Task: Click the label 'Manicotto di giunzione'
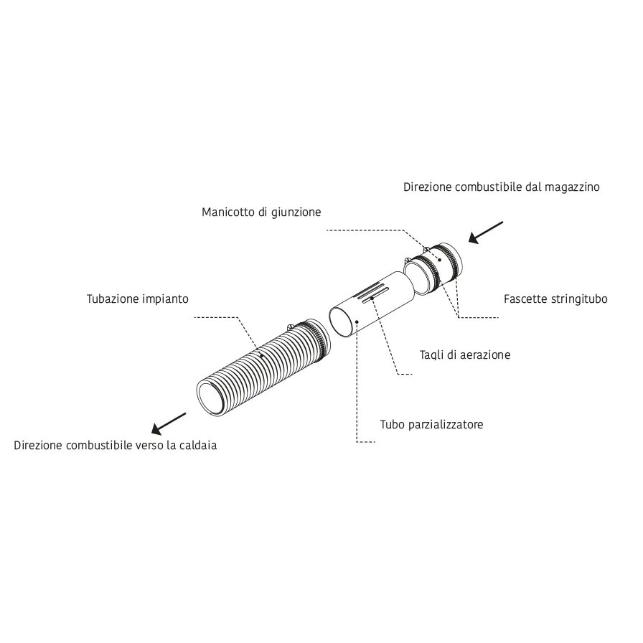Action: [x=261, y=212]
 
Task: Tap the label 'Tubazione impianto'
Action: [x=137, y=299]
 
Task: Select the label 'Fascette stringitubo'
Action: [x=555, y=299]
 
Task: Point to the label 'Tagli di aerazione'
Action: [x=465, y=355]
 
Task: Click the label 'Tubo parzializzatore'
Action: [x=431, y=424]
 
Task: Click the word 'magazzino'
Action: [x=572, y=187]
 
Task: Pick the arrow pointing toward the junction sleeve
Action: [x=486, y=233]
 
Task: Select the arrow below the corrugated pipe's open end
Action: [x=169, y=423]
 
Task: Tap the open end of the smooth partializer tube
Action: [x=342, y=322]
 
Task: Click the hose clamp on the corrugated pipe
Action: [x=314, y=341]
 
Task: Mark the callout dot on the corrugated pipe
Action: [x=262, y=356]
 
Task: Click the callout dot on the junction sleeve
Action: [x=439, y=260]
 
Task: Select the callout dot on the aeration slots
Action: [x=372, y=298]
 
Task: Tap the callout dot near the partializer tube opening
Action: [x=357, y=321]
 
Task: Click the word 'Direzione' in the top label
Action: [x=428, y=187]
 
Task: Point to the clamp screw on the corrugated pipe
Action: [x=290, y=327]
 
